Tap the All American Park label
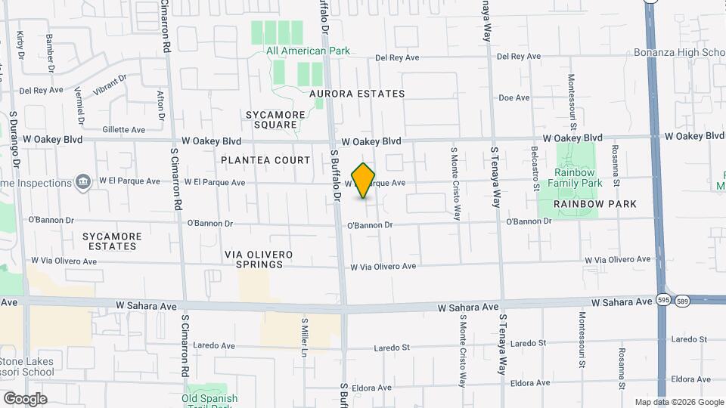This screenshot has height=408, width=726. (x=307, y=51)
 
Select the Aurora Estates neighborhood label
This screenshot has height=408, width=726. (x=357, y=94)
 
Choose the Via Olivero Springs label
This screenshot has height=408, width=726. (x=259, y=260)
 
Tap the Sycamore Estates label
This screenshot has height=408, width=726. (x=112, y=241)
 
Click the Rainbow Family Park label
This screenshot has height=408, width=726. (x=576, y=178)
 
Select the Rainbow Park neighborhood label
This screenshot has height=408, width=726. (x=594, y=204)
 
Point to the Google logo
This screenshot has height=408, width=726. (x=25, y=399)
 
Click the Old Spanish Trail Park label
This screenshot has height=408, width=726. (x=209, y=398)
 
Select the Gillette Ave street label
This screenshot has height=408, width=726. (x=123, y=130)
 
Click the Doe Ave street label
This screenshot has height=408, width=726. (x=513, y=98)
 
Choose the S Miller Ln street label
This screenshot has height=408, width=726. (x=306, y=337)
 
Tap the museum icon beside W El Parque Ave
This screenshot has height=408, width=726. (x=82, y=182)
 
